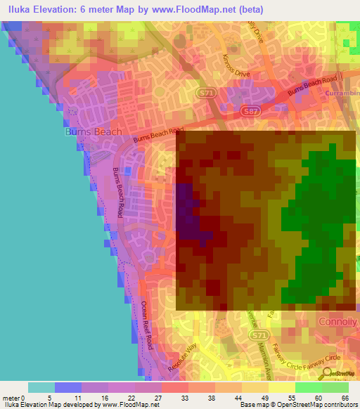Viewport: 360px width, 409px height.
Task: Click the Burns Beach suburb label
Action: pos(93,131)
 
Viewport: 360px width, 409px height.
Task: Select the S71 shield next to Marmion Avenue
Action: pos(260,336)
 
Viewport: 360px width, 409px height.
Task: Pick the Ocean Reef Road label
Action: pos(146,325)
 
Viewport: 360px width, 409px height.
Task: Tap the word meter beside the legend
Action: pos(13,398)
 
